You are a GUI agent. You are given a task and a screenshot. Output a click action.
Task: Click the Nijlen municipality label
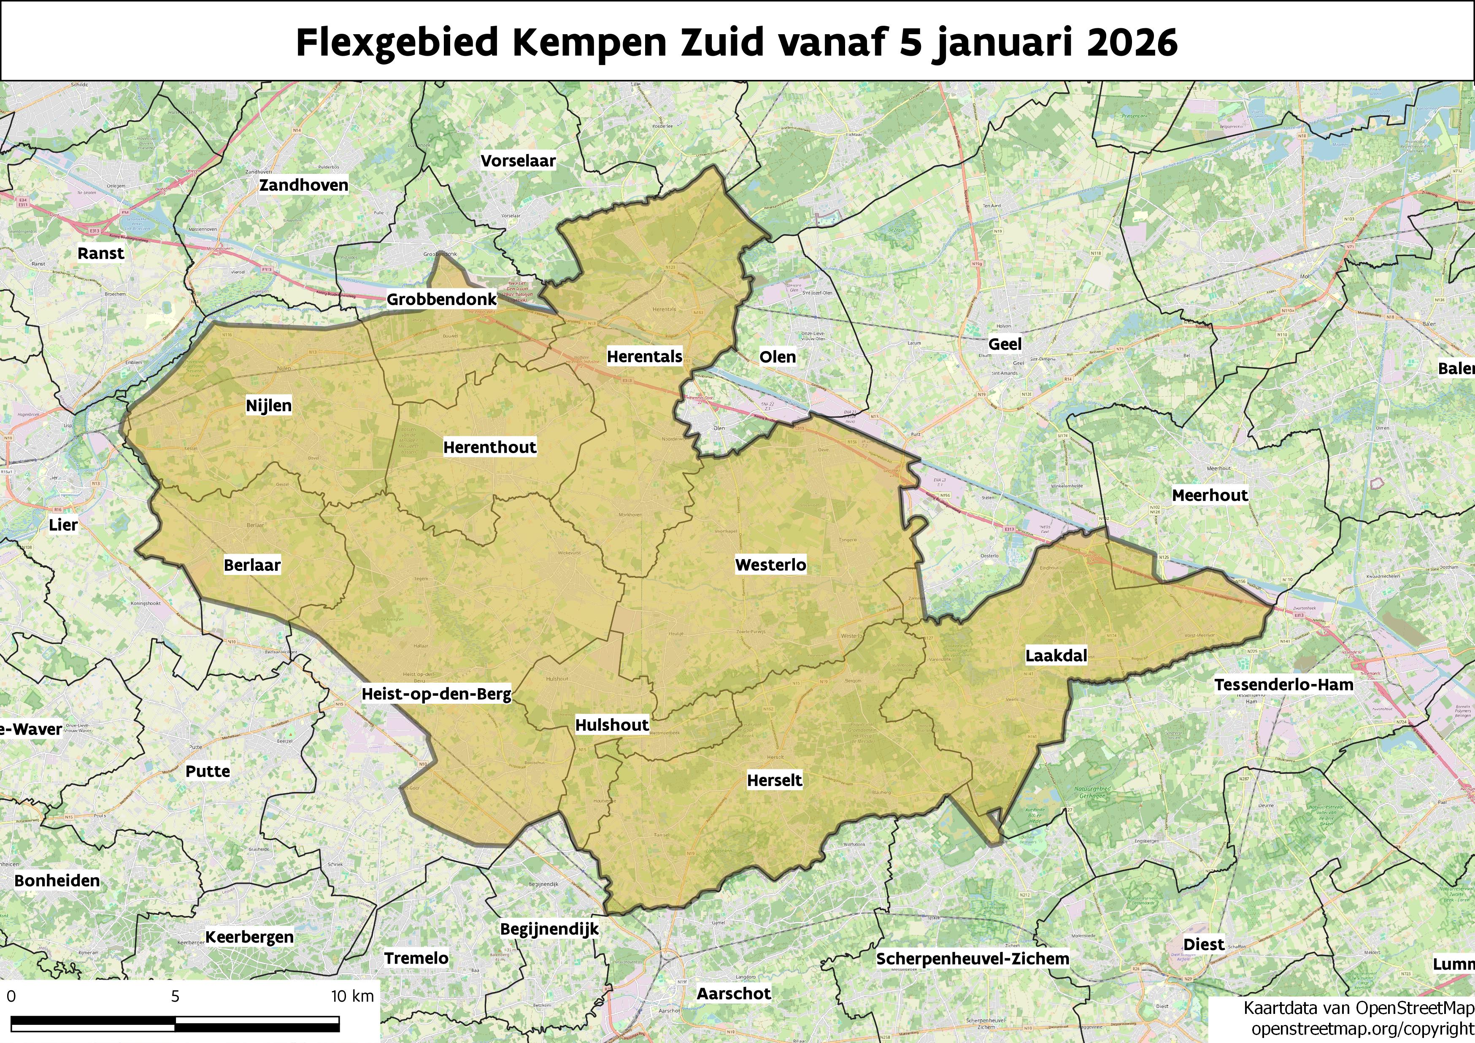click(268, 405)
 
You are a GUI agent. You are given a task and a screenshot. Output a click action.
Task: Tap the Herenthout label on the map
click(489, 447)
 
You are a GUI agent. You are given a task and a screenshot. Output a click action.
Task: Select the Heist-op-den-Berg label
click(436, 694)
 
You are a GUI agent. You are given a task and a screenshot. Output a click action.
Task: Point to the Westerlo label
click(770, 565)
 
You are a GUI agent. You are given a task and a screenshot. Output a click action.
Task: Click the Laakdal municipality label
click(1056, 656)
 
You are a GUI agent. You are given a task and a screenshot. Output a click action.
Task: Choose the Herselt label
click(775, 780)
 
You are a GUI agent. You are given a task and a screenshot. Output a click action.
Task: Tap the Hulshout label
click(612, 725)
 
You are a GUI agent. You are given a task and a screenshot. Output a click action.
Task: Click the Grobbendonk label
click(441, 299)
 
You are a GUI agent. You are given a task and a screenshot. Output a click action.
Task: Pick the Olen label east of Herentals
click(777, 357)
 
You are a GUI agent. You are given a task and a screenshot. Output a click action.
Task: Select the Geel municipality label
click(1005, 344)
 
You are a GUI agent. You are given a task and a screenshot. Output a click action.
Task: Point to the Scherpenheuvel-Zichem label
click(973, 959)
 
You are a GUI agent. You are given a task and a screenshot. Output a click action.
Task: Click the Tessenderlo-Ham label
click(1283, 685)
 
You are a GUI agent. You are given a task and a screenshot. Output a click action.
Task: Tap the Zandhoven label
click(303, 185)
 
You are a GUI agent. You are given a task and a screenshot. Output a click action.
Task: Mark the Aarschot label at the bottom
click(734, 994)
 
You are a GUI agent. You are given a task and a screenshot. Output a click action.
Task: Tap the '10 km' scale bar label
click(352, 997)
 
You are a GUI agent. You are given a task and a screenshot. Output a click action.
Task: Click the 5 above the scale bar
click(175, 997)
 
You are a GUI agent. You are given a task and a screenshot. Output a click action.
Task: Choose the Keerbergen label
click(249, 937)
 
